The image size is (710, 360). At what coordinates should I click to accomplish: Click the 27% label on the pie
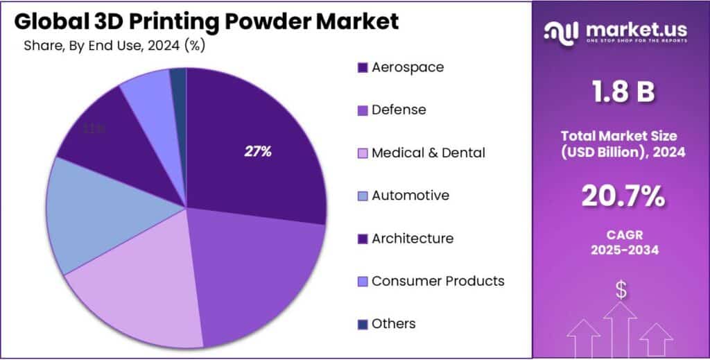coord(257,152)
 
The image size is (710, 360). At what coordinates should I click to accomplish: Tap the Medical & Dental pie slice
coord(139,298)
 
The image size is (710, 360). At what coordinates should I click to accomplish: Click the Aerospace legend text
coord(408,67)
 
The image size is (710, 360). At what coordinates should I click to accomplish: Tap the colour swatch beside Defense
coord(362,110)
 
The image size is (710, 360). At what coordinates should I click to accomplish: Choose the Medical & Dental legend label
coord(428,153)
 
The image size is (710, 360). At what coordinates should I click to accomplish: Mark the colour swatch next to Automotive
coord(362,196)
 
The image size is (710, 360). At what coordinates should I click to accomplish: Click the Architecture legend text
coord(412,238)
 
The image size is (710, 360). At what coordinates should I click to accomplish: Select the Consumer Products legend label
coord(438,281)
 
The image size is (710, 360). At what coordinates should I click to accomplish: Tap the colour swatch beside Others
coord(362,324)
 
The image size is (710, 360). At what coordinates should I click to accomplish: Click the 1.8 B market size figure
coord(621,92)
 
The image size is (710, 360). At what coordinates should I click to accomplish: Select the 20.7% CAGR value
coord(621,197)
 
